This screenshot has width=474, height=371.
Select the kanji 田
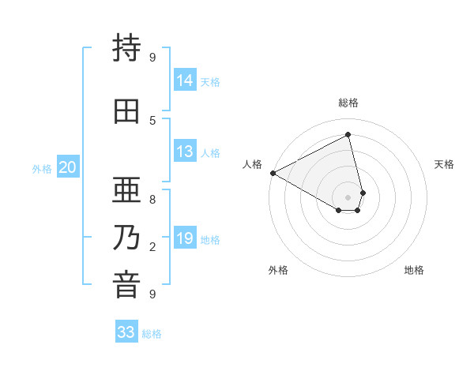click(x=127, y=111)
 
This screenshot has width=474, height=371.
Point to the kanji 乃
click(x=127, y=238)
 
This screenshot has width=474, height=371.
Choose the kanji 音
click(x=127, y=285)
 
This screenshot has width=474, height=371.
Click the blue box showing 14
click(x=185, y=80)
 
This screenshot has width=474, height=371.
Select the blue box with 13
click(x=185, y=152)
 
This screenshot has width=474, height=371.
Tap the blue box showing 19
click(x=185, y=239)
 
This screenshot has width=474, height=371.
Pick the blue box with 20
click(x=68, y=167)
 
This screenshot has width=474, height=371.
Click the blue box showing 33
click(x=126, y=332)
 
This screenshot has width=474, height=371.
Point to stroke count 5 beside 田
click(x=152, y=120)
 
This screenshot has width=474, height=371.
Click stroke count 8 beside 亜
click(x=152, y=200)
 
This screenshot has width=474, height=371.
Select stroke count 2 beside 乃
click(x=152, y=247)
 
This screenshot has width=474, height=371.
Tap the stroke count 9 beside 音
click(x=152, y=294)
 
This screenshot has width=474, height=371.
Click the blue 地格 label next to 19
click(x=211, y=240)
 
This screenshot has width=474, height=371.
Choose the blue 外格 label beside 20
click(x=42, y=168)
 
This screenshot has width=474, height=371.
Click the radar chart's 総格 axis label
click(x=348, y=103)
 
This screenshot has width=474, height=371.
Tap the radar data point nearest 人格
click(x=273, y=173)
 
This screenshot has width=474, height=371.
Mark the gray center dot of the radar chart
click(x=348, y=197)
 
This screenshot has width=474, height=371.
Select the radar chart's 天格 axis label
click(x=445, y=164)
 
